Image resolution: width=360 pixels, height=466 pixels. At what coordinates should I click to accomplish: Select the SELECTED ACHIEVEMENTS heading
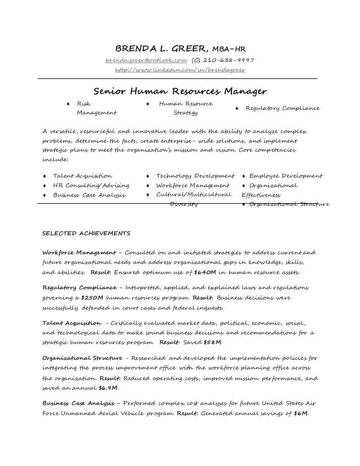(x=87, y=232)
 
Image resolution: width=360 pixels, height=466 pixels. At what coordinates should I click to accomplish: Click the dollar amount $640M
(x=204, y=272)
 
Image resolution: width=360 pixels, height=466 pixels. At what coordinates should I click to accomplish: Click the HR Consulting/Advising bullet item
(x=91, y=185)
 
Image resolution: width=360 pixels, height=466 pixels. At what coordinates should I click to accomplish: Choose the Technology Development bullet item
(x=195, y=176)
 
